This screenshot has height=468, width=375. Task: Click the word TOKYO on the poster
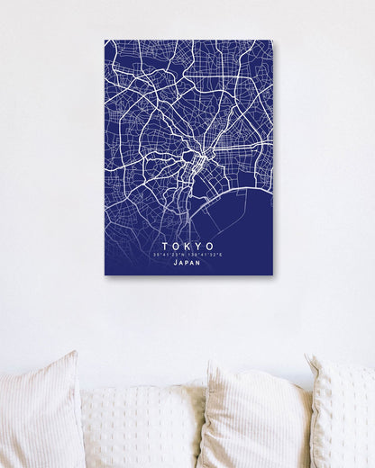pyautogui.click(x=188, y=246)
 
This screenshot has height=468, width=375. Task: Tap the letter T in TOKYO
pyautogui.click(x=166, y=246)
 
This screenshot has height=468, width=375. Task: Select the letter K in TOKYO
pyautogui.click(x=188, y=246)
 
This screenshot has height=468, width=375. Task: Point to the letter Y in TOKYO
pyautogui.click(x=199, y=246)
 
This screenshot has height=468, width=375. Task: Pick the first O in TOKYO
pyautogui.click(x=177, y=246)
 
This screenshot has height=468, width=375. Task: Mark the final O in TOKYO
pyautogui.click(x=211, y=246)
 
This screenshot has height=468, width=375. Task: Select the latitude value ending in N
pyautogui.click(x=169, y=256)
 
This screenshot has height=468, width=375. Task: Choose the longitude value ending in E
pyautogui.click(x=208, y=256)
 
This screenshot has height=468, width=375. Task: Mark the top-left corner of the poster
pyautogui.click(x=105, y=40)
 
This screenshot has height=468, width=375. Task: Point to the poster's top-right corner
pyautogui.click(x=272, y=40)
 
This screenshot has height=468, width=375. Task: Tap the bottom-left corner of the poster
pyautogui.click(x=105, y=274)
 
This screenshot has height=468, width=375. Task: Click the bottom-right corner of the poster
pyautogui.click(x=272, y=274)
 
